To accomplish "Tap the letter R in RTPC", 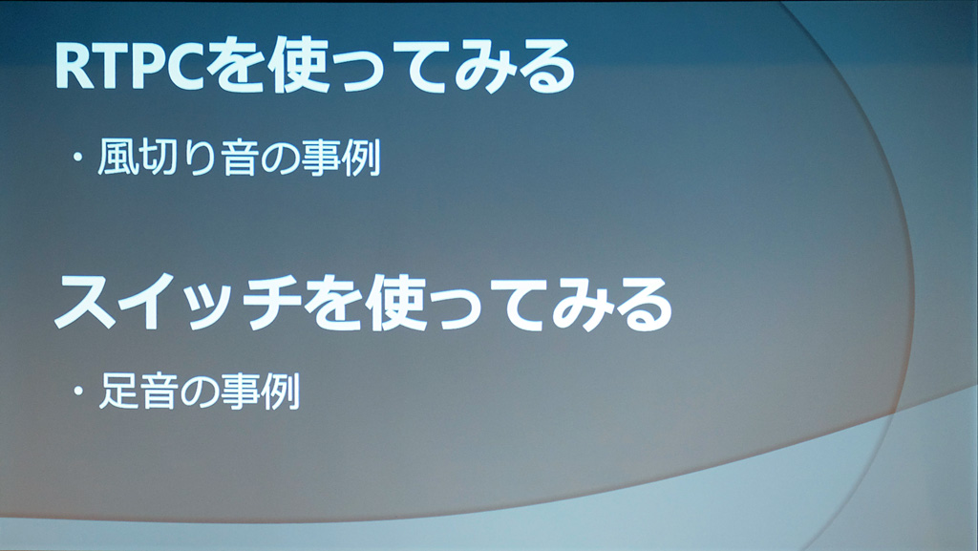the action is pos(73,66).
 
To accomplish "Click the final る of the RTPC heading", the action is pos(543,66).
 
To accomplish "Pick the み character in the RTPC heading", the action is pos(481,66).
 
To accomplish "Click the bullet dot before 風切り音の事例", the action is pos(77,157).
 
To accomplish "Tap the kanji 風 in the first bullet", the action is pos(117,157).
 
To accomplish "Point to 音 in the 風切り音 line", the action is pos(240,157).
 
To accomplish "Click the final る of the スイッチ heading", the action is pos(642,305).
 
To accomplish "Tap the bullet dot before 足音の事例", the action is pos(78,392).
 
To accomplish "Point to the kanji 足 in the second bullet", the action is pos(118,391).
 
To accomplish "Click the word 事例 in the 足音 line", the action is pos(260,392).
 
